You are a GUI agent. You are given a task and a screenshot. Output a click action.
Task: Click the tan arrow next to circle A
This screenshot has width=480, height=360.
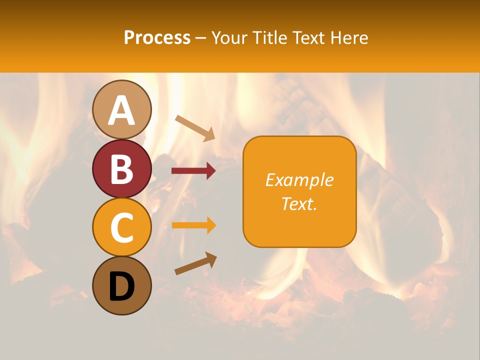195,127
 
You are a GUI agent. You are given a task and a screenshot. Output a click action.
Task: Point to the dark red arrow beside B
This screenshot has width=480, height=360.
193,171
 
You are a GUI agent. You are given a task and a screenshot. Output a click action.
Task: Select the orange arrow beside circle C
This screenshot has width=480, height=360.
193,225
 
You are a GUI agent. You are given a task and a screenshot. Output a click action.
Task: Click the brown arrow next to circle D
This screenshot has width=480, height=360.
195,263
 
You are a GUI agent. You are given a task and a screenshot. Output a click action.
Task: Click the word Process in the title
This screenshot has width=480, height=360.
157,37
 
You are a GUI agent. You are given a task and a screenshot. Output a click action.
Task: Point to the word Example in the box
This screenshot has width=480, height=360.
299,180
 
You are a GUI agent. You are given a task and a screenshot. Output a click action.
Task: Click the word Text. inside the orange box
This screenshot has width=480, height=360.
299,203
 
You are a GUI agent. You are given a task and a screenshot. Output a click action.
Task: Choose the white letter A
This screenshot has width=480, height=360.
122,111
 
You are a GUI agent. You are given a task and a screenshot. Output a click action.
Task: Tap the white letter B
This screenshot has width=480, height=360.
122,169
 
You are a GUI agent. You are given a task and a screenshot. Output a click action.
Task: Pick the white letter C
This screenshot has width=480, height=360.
122,228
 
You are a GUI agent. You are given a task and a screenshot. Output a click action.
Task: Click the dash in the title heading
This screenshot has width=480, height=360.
201,38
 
